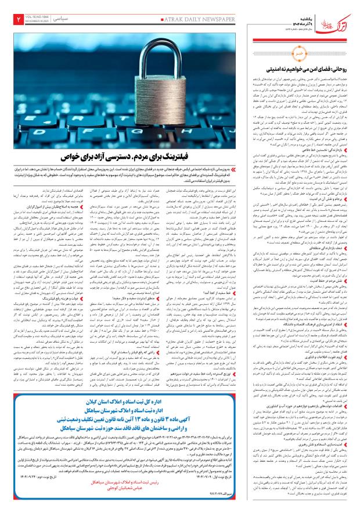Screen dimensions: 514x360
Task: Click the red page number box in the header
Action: click(x=11, y=19)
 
